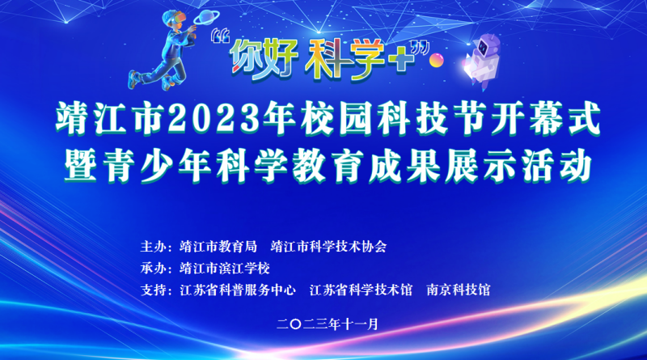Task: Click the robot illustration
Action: pos(482,61)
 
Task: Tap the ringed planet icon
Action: pos(206,18)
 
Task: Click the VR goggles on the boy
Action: pos(175,16)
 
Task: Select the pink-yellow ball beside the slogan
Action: pos(436,61)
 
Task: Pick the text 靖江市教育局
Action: pos(218,247)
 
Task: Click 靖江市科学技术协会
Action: pos(329,247)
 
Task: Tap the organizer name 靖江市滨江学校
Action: pos(225,269)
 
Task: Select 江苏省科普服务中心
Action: pos(238,290)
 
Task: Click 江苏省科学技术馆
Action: pos(361,290)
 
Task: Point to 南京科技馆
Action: pos(459,290)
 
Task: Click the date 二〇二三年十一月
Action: pos(328,324)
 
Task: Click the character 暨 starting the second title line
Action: pos(81,166)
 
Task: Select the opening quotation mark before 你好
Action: pos(220,36)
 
